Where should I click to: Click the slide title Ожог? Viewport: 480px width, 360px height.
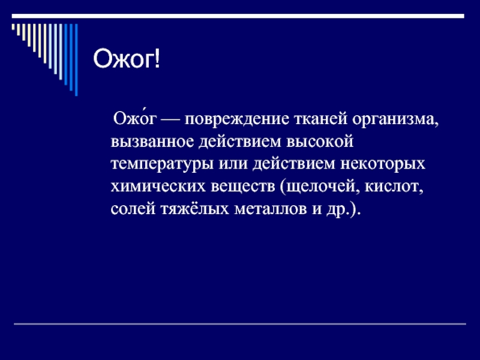point(127,58)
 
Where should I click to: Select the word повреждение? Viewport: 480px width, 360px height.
point(236,119)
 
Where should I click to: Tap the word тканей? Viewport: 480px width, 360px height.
point(321,119)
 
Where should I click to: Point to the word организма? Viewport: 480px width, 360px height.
point(395,119)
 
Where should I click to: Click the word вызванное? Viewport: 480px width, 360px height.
point(152,142)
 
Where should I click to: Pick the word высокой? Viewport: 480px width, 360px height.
point(320,142)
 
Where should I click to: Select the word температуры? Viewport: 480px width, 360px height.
point(162,164)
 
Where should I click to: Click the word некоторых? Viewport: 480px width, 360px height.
point(383,164)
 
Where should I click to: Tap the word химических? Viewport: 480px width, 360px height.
point(158,187)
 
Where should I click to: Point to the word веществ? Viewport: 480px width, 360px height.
point(243,187)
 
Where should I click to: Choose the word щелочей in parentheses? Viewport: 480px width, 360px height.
point(319,187)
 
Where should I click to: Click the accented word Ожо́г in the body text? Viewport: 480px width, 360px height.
point(134,118)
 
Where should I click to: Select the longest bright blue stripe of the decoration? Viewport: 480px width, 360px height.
point(76,59)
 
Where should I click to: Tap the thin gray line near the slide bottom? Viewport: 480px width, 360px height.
point(239,323)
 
